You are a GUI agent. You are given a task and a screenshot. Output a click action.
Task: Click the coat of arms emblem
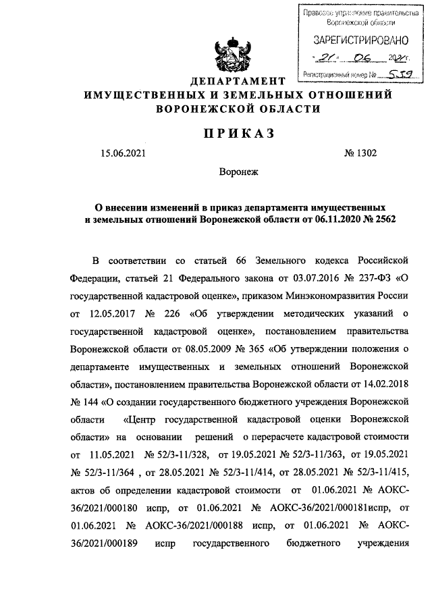[231, 55]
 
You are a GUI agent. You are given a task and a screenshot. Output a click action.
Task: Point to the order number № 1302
[360, 153]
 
